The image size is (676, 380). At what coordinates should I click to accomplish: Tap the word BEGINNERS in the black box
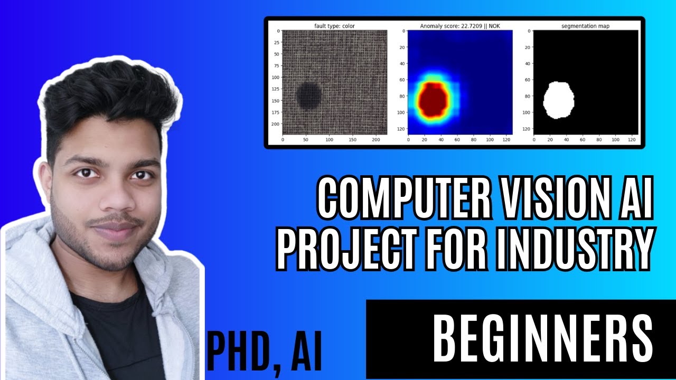point(542,338)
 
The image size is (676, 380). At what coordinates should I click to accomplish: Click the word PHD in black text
point(239,351)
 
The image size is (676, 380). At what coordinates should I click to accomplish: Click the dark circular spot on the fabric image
point(308,96)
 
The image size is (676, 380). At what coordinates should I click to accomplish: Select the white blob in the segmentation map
point(558,100)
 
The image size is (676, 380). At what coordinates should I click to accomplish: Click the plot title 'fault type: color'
point(334,25)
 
